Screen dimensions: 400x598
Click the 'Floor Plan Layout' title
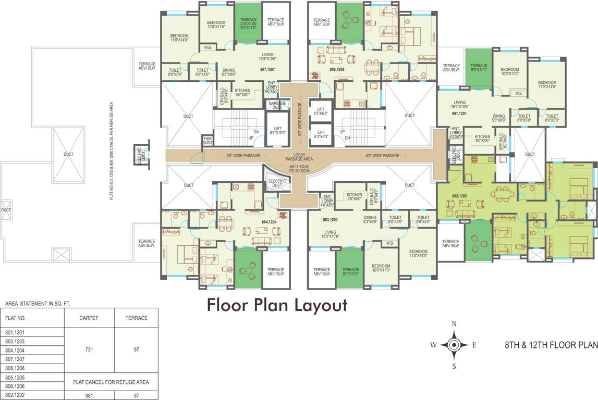coord(277,305)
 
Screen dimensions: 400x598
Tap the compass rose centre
coord(454,345)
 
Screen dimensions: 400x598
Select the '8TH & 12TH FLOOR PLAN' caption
coord(551,345)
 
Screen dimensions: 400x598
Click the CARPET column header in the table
coord(89,318)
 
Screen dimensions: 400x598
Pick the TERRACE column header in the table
coord(137,318)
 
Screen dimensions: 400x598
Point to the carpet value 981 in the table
coord(89,395)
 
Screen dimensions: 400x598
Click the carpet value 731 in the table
coord(89,350)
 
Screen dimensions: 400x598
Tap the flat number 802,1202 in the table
coord(15,395)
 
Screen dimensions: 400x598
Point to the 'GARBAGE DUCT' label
coord(277,105)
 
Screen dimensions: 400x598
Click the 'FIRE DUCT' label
coord(208,141)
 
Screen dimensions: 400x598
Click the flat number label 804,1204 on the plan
coord(269,221)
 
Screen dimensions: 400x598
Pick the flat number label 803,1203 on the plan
coord(330,220)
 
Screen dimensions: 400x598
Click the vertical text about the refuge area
coord(112,151)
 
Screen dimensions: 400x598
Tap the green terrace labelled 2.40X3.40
coord(248,23)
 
